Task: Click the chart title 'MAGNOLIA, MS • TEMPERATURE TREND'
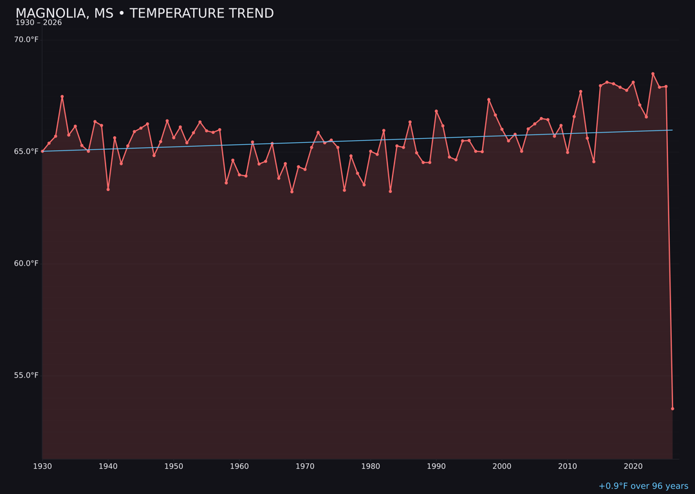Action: pyautogui.click(x=145, y=14)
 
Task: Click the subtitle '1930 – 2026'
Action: pyautogui.click(x=39, y=23)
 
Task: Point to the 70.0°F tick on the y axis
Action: pyautogui.click(x=26, y=40)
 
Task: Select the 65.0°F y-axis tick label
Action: pyautogui.click(x=26, y=152)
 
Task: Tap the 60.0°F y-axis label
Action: pyautogui.click(x=26, y=264)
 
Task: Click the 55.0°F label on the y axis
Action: pyautogui.click(x=26, y=376)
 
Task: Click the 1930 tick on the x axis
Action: pyautogui.click(x=42, y=466)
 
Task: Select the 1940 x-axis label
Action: pyautogui.click(x=108, y=466)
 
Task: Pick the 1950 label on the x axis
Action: pyautogui.click(x=174, y=466)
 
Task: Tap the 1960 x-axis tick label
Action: pyautogui.click(x=239, y=466)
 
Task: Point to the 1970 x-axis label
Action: pyautogui.click(x=305, y=466)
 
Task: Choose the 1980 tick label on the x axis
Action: pyautogui.click(x=371, y=466)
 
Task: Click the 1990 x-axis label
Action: pyautogui.click(x=436, y=466)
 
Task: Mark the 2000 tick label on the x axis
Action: pyautogui.click(x=502, y=466)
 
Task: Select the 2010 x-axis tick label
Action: pyautogui.click(x=568, y=466)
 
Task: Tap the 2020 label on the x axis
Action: pyautogui.click(x=633, y=466)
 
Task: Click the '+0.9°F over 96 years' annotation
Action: pyautogui.click(x=643, y=486)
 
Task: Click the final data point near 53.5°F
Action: pyautogui.click(x=672, y=408)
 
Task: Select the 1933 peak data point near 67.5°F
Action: pyautogui.click(x=62, y=96)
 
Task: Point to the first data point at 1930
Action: pyautogui.click(x=42, y=151)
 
